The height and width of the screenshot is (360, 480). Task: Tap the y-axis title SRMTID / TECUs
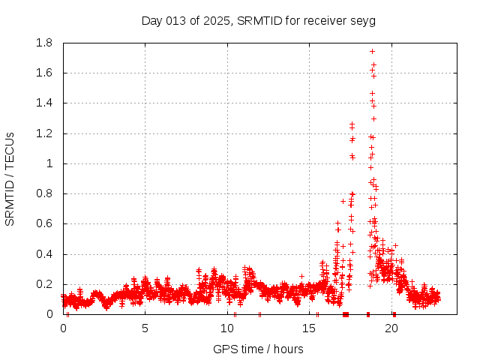(x=10, y=178)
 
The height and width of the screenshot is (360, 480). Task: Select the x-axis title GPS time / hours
(x=258, y=349)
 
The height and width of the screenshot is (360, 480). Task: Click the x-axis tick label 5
(x=145, y=328)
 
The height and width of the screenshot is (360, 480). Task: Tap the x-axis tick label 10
(x=227, y=328)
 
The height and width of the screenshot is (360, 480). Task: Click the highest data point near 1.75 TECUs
(x=372, y=51)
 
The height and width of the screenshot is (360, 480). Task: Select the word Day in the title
(x=152, y=20)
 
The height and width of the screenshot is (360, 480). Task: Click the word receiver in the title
(x=324, y=20)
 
